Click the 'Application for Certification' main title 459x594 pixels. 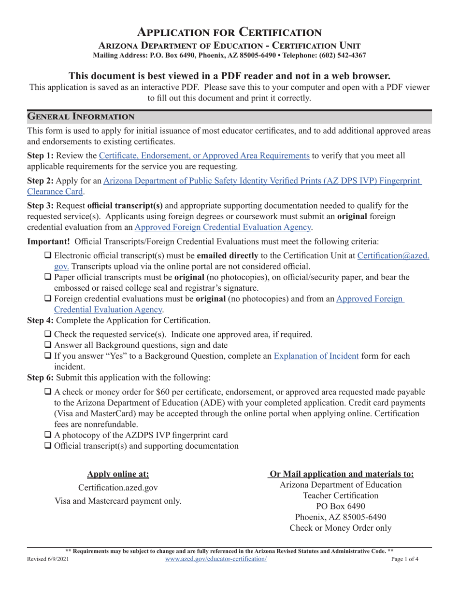(x=229, y=32)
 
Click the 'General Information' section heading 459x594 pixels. (x=81, y=116)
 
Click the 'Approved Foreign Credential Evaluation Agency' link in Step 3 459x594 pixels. (x=223, y=226)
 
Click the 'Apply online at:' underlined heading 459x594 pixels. (x=118, y=474)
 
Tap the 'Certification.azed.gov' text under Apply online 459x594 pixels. (x=118, y=488)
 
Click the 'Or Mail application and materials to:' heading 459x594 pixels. (x=341, y=474)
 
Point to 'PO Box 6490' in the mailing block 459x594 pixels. (x=341, y=506)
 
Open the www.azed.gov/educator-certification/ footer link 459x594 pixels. (x=215, y=559)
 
